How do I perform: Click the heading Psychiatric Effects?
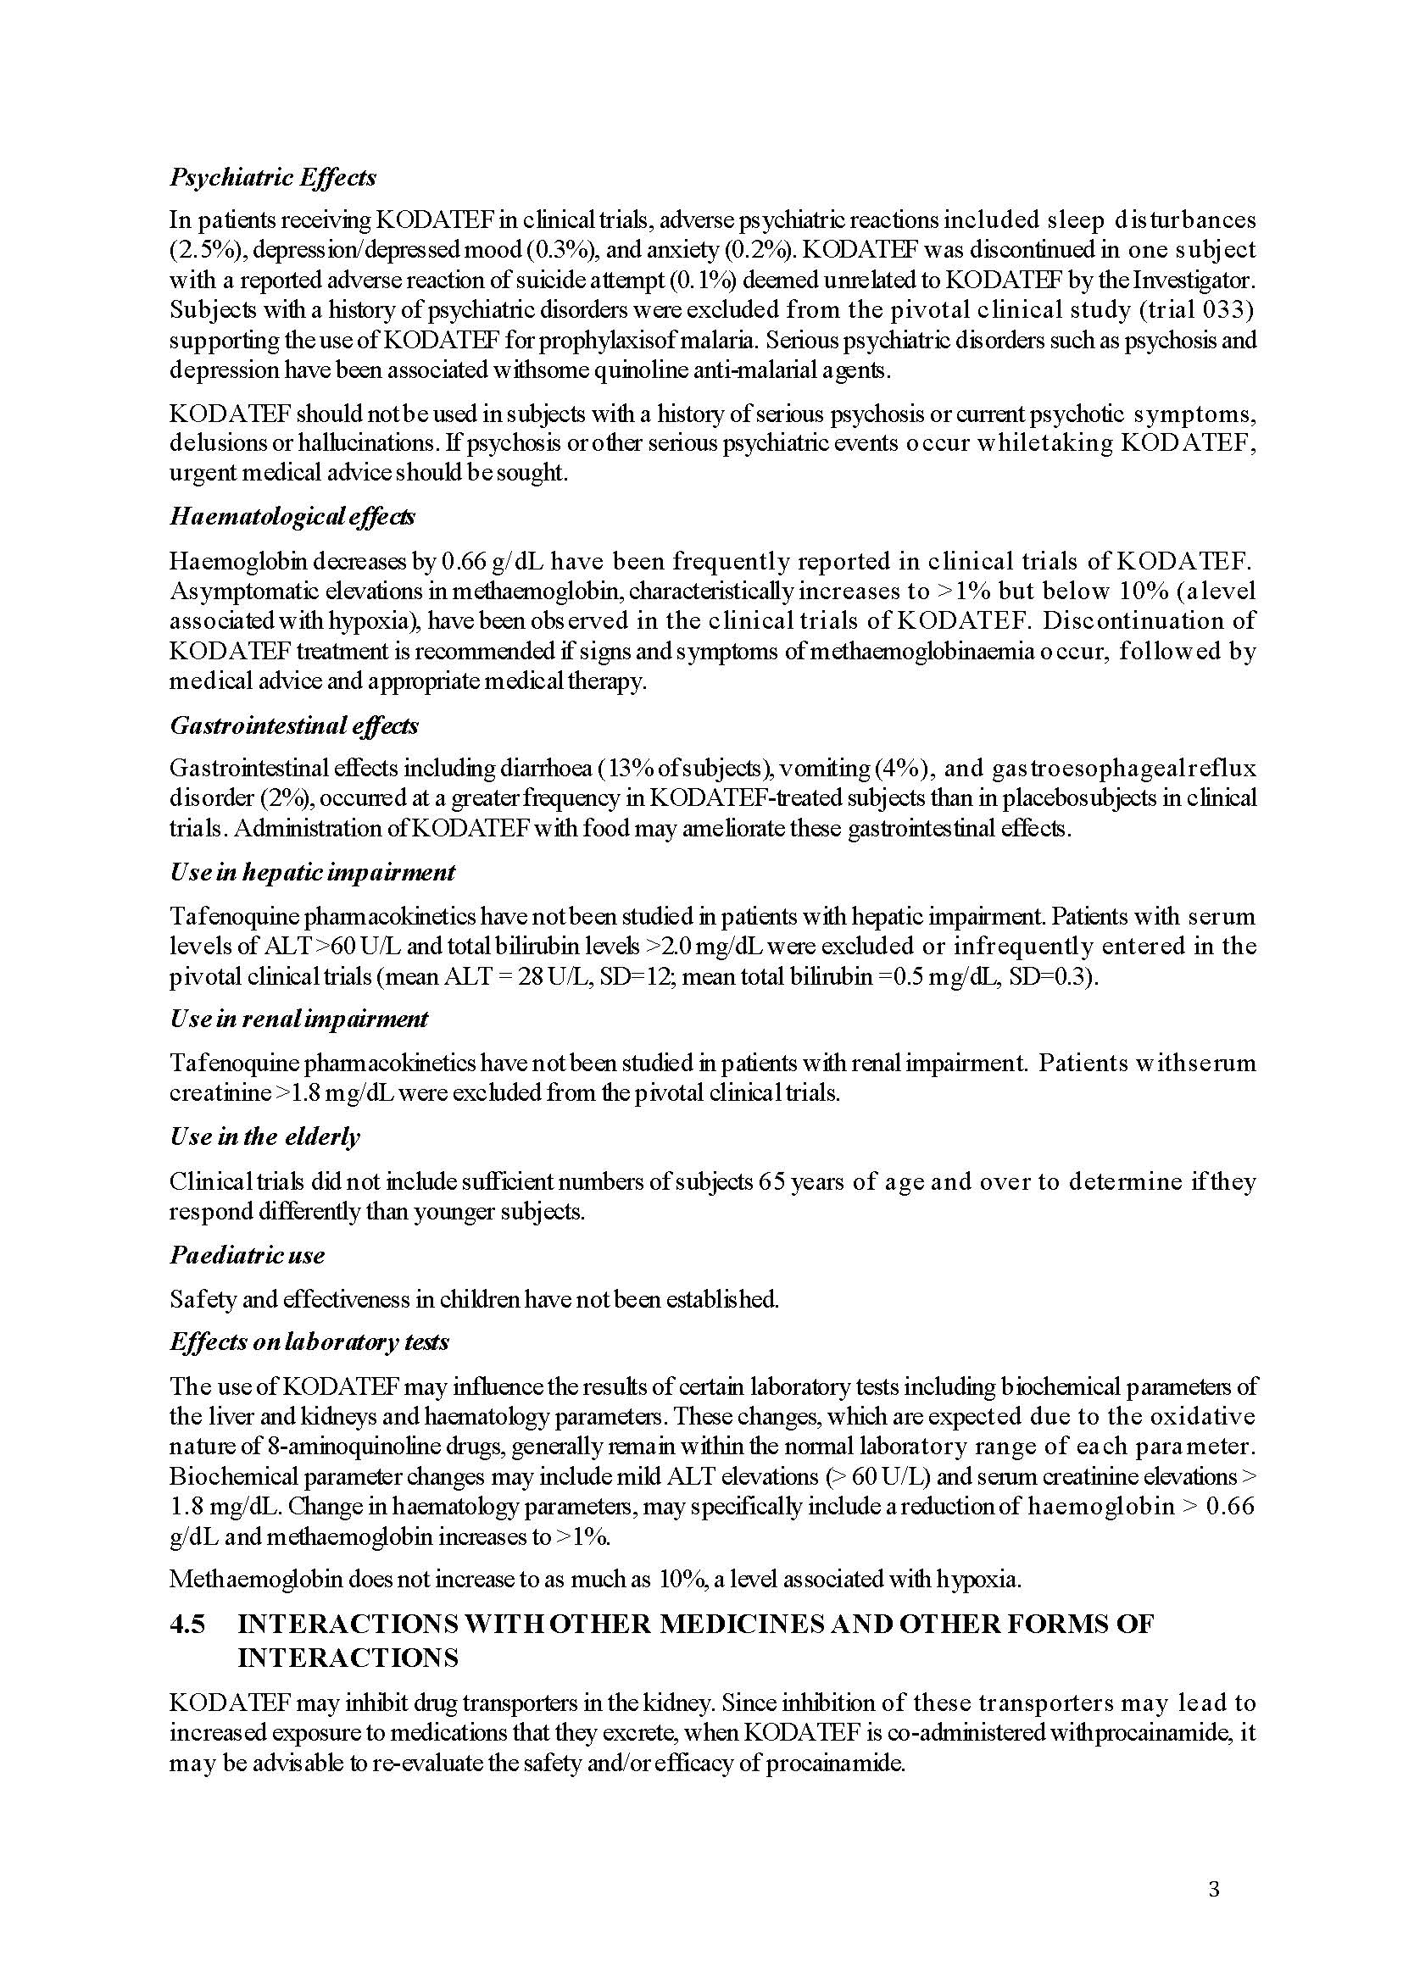[273, 177]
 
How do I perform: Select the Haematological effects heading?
[292, 516]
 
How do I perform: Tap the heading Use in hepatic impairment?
[312, 872]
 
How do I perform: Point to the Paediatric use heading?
[247, 1255]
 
